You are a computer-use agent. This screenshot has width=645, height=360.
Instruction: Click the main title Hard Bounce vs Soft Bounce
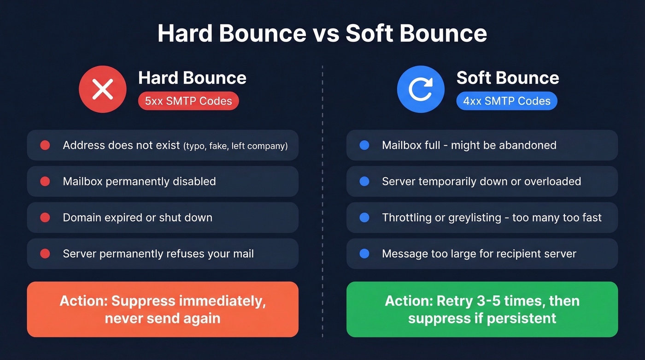click(322, 33)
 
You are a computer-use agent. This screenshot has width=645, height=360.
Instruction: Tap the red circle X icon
click(102, 89)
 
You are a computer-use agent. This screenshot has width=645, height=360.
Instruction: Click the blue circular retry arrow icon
click(421, 89)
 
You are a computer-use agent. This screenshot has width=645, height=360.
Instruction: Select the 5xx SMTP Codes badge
click(188, 101)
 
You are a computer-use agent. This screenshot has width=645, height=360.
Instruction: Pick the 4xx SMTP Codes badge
click(506, 101)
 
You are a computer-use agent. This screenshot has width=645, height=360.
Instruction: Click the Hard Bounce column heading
click(192, 78)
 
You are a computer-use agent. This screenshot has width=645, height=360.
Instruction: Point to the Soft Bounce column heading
click(508, 78)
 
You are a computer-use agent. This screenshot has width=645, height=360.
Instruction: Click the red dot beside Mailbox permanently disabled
click(45, 182)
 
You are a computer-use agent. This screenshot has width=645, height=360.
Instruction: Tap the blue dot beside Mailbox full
click(364, 145)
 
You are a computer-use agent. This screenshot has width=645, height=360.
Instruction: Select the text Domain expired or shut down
click(137, 218)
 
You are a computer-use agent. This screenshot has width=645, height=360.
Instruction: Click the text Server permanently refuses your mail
click(158, 254)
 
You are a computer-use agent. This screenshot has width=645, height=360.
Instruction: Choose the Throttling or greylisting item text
click(492, 218)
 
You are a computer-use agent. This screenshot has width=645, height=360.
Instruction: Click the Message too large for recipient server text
click(479, 254)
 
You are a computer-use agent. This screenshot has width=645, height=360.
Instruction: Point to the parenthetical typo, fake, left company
click(235, 146)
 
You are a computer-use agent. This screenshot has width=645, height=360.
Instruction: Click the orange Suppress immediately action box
click(163, 309)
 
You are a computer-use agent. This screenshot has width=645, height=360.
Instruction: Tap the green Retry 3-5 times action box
click(482, 309)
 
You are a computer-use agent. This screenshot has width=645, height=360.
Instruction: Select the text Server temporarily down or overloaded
click(481, 182)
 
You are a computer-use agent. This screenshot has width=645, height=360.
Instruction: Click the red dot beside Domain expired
click(45, 218)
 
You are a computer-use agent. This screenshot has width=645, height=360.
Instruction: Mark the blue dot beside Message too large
click(364, 254)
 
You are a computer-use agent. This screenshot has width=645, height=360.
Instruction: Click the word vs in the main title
click(326, 33)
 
